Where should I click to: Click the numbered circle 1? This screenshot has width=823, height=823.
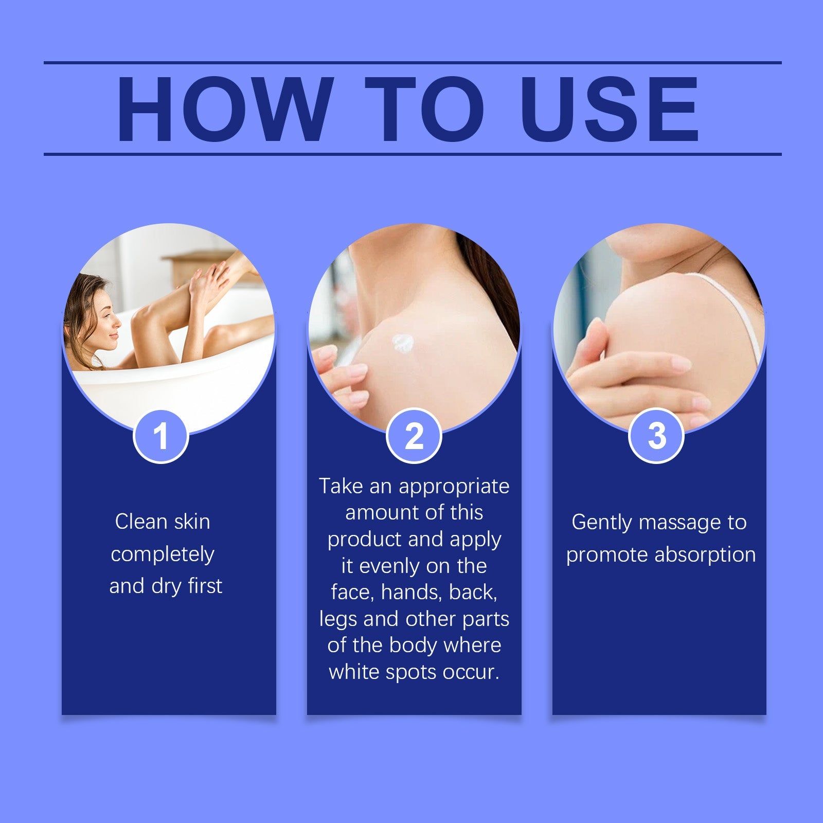click(x=161, y=436)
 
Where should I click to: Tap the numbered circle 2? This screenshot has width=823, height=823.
click(x=414, y=436)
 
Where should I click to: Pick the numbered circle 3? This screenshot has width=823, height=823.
click(x=656, y=436)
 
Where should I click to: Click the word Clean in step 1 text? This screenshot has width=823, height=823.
click(x=138, y=522)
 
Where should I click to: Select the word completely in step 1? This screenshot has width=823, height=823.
click(x=163, y=554)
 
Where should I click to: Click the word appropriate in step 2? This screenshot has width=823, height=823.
click(x=454, y=486)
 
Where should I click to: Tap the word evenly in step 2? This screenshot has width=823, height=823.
click(x=389, y=566)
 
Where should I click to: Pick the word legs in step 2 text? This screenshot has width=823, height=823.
click(x=338, y=619)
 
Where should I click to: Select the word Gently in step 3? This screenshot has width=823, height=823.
click(x=601, y=523)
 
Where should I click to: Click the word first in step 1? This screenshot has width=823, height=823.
click(x=205, y=586)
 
